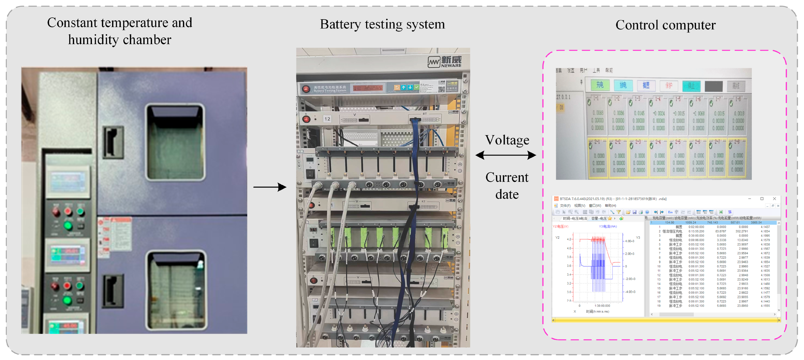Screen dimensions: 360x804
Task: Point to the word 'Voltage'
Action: [x=507, y=140]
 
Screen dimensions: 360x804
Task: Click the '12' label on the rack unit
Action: [x=327, y=119]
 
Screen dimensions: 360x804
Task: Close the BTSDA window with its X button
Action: [x=774, y=199]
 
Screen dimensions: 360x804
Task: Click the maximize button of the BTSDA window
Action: [x=762, y=199]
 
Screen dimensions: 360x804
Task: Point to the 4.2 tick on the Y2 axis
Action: [x=569, y=239]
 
